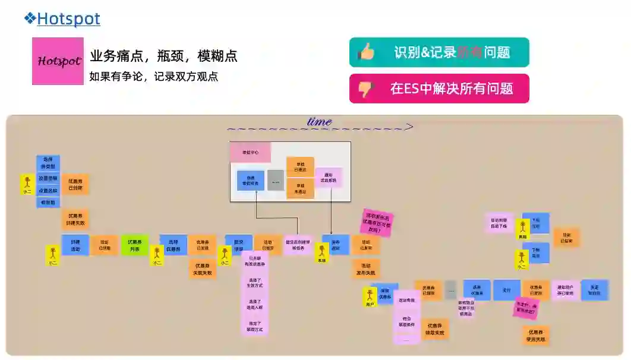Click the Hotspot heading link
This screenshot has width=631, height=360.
coord(68,19)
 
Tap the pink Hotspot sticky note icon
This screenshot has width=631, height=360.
coord(58,61)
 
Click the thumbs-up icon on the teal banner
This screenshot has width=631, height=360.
coord(366,52)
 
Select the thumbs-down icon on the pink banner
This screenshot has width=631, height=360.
coord(365,89)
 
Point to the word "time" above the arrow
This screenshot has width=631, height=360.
coord(319,121)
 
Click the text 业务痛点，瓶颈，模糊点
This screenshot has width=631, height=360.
coord(163,56)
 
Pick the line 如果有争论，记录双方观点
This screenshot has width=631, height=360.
coord(153,77)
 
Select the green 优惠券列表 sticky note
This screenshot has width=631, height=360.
coord(134,245)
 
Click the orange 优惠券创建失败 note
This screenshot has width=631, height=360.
coord(75,220)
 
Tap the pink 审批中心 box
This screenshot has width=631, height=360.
coord(250,153)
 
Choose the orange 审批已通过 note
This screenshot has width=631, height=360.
coord(300,167)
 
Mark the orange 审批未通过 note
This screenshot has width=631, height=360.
coord(300,189)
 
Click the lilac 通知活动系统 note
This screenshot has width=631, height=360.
coord(329,177)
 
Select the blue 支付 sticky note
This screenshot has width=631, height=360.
coord(506,290)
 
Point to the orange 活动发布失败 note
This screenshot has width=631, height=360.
coord(365,269)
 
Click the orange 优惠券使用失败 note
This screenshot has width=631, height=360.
coord(535,336)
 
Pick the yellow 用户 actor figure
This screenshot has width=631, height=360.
coord(370,297)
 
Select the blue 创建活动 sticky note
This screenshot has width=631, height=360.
coord(75,245)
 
